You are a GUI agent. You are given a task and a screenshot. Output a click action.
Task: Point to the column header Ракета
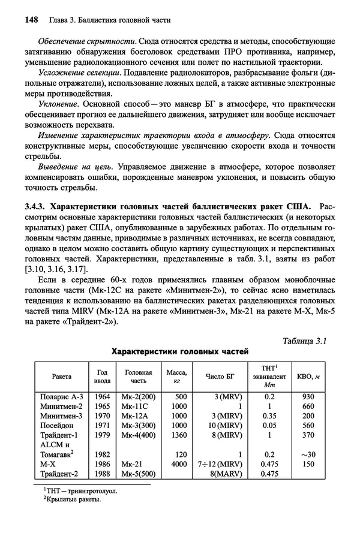[x=62, y=376]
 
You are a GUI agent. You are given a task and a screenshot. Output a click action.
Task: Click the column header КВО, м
[x=308, y=376]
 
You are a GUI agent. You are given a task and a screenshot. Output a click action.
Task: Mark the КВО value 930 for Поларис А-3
[x=308, y=396]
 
